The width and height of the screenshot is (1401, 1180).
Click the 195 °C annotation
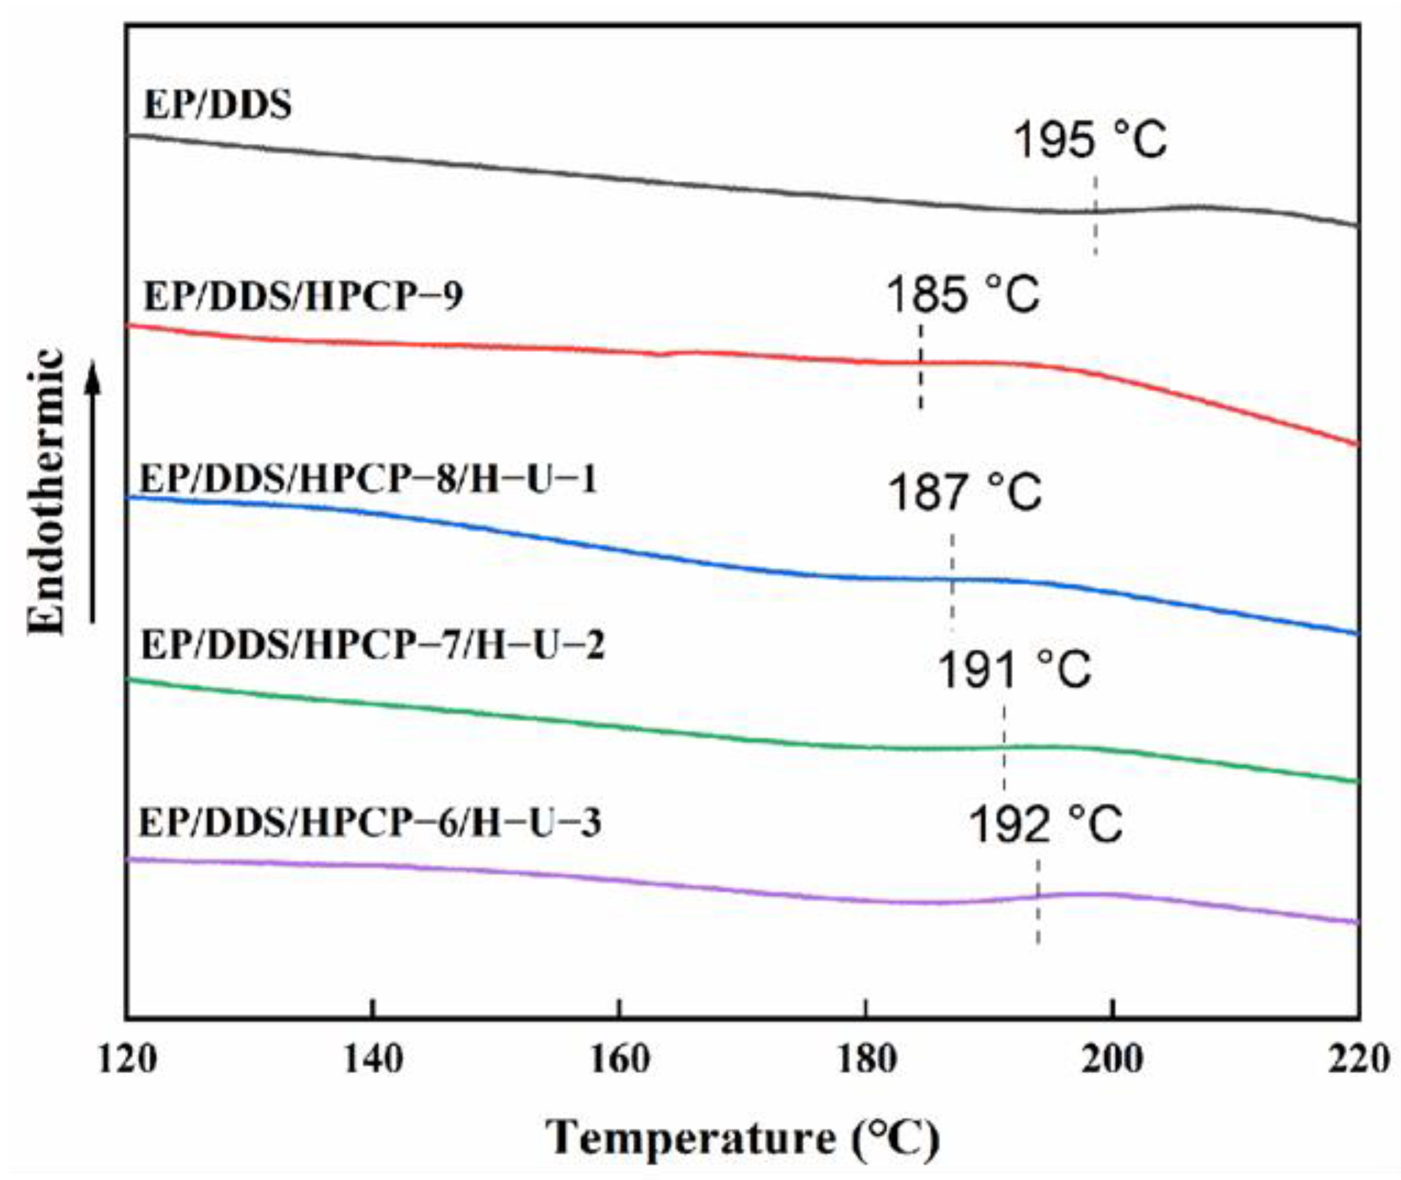coord(1091,141)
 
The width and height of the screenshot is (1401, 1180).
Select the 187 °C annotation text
coord(965,493)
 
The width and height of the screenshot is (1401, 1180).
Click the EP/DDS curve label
coord(218,106)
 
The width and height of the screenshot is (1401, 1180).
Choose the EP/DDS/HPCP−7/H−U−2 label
coord(372,646)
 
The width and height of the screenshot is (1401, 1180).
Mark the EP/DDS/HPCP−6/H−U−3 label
coord(370,822)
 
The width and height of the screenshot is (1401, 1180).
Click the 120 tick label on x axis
coord(127,1060)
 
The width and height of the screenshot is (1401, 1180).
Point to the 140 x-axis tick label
coord(373,1060)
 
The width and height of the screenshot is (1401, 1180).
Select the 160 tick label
coord(619,1060)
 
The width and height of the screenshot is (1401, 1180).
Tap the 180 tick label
coord(866,1060)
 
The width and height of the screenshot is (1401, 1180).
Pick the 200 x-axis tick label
coord(1112,1060)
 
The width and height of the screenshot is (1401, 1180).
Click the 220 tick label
coord(1358,1060)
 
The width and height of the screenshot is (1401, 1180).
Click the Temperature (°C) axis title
coord(743,1137)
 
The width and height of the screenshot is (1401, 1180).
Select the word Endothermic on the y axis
coord(47,492)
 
